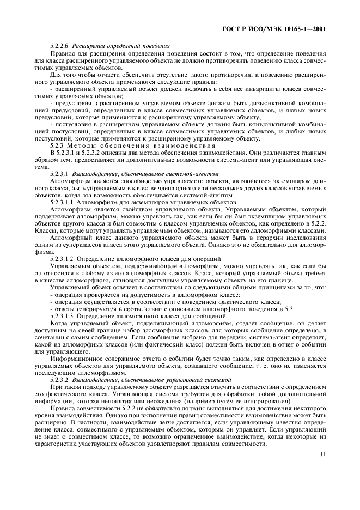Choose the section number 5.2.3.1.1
62,201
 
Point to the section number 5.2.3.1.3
62,316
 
